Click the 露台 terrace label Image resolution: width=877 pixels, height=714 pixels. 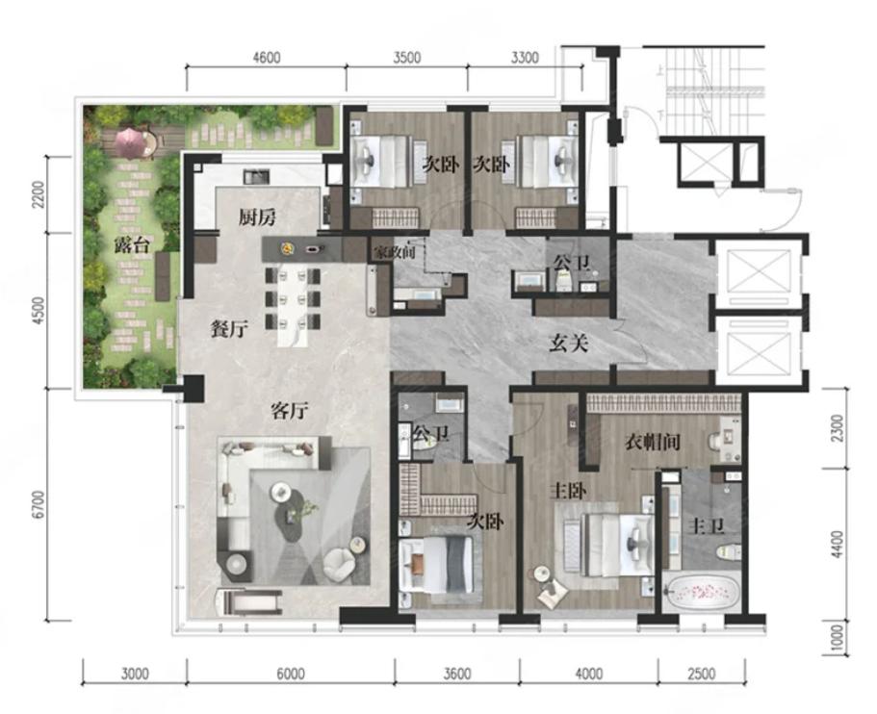pyautogui.click(x=132, y=244)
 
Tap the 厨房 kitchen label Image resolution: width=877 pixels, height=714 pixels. pyautogui.click(x=257, y=217)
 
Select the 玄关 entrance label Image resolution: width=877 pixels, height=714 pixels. pyautogui.click(x=568, y=344)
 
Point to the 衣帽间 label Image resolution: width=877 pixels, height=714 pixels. pyautogui.click(x=652, y=443)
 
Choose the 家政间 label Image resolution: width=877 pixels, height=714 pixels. pyautogui.click(x=395, y=252)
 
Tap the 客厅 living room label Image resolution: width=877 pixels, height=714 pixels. pyautogui.click(x=289, y=411)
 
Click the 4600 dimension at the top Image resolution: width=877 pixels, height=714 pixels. pyautogui.click(x=267, y=58)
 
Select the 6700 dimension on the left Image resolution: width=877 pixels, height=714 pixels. pyautogui.click(x=39, y=505)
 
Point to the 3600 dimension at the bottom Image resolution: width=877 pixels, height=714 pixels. pyautogui.click(x=457, y=674)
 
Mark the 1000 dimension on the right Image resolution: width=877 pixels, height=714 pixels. pyautogui.click(x=837, y=638)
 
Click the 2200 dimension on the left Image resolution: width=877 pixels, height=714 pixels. pyautogui.click(x=39, y=194)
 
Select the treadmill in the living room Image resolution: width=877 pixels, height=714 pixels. pyautogui.click(x=249, y=602)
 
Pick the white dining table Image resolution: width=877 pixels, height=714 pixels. pyautogui.click(x=293, y=307)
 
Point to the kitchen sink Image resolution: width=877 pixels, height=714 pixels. pyautogui.click(x=257, y=177)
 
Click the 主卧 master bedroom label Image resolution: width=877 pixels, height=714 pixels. pyautogui.click(x=568, y=492)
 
